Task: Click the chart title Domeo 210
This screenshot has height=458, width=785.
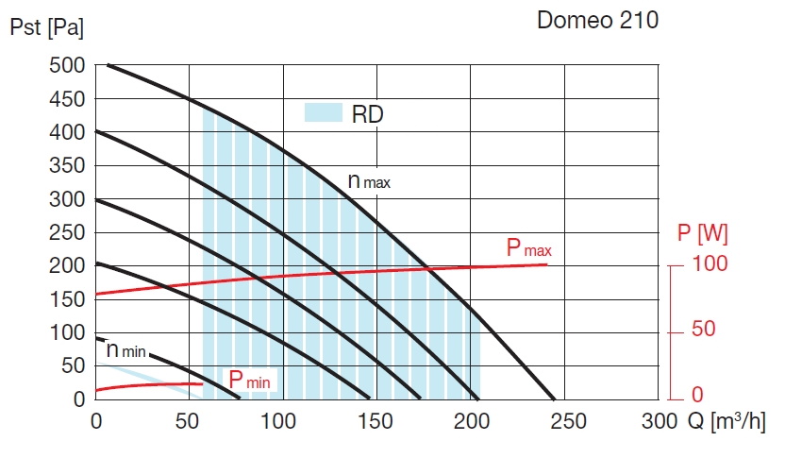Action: pos(597,21)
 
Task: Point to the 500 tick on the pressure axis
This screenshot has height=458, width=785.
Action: pos(67,66)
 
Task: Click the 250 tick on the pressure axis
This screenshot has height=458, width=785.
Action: pos(67,232)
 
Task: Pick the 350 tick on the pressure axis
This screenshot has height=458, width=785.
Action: pos(67,166)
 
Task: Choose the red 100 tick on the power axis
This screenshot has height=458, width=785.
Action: pos(710,264)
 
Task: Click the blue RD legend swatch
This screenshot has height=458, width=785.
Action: pos(322,112)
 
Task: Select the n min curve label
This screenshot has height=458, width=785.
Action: pos(125,350)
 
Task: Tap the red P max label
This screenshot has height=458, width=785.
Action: pos(528,249)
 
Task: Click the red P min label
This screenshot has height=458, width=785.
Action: pos(250,381)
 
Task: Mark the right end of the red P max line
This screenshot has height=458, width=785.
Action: pos(546,264)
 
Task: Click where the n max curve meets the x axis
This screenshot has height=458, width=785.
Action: pos(555,399)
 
